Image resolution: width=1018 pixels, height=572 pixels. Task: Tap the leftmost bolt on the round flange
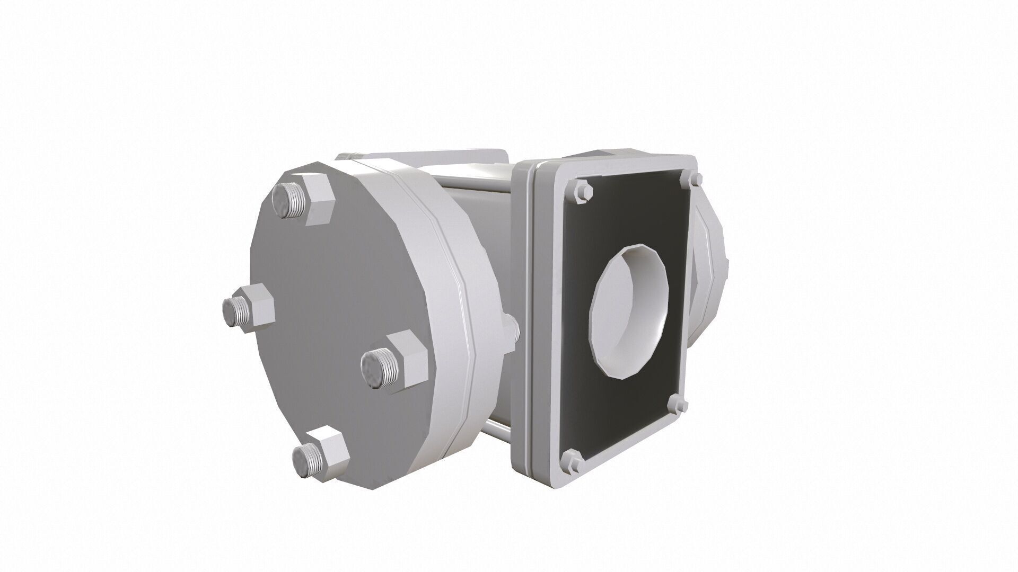(x=247, y=309)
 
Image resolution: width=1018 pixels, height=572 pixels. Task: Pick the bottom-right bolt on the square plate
(x=680, y=405)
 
